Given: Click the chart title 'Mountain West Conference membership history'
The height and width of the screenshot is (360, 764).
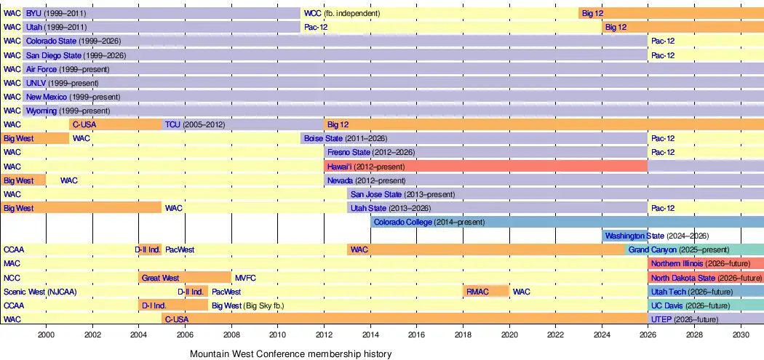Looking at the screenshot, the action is tap(290, 353).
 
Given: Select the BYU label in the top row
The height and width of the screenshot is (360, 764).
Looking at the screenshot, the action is tap(33, 13).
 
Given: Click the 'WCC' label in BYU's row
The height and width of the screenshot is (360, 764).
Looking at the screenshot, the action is tap(312, 13).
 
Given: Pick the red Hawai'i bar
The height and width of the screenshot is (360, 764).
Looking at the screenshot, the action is tap(486, 167).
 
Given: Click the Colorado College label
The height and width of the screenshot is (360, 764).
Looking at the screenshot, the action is tap(402, 222).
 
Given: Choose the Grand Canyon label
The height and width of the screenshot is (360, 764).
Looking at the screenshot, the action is tap(653, 250).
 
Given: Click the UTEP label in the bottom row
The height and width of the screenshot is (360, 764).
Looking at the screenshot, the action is tap(661, 319).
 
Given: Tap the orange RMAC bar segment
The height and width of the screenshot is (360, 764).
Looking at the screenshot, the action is tap(486, 292).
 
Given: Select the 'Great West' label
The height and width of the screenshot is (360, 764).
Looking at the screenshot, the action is tap(160, 278).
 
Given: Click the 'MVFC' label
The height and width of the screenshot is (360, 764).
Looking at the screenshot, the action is tap(246, 278).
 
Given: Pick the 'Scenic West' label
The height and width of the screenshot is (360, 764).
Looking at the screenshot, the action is tap(24, 292).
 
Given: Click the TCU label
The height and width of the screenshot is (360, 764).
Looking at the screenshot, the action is tap(172, 124).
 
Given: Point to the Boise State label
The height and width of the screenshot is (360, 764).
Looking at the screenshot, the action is tap(323, 138).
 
